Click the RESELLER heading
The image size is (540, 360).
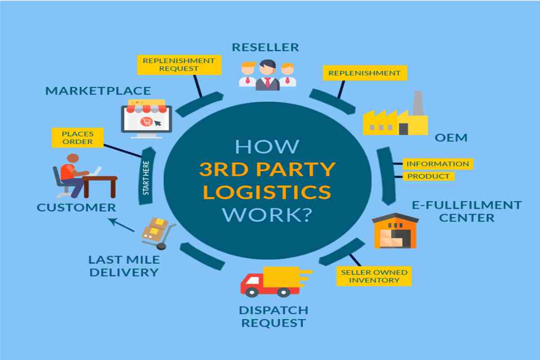pyautogui.click(x=265, y=47)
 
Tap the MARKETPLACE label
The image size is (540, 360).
pyautogui.click(x=98, y=91)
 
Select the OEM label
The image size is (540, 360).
pyautogui.click(x=451, y=138)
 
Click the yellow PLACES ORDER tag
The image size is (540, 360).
pyautogui.click(x=77, y=138)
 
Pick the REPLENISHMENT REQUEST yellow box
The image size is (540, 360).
pyautogui.click(x=179, y=65)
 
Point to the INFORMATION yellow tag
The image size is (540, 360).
pyautogui.click(x=437, y=164)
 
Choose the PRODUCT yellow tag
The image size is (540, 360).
pyautogui.click(x=428, y=176)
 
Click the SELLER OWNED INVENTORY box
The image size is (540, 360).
pyautogui.click(x=374, y=276)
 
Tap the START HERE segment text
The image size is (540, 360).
pyautogui.click(x=146, y=178)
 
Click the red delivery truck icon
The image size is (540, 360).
pyautogui.click(x=276, y=282)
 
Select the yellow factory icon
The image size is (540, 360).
pyautogui.click(x=396, y=113)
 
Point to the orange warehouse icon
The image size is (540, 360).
pyautogui.click(x=396, y=230)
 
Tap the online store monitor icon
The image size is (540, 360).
pyautogui.click(x=147, y=119)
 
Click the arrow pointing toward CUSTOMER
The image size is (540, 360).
pyautogui.click(x=121, y=225)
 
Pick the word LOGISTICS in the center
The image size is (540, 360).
pyautogui.click(x=267, y=192)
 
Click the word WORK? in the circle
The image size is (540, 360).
pyautogui.click(x=267, y=215)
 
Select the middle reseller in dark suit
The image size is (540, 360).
pyautogui.click(x=267, y=75)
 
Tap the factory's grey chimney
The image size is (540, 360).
pyautogui.click(x=418, y=103)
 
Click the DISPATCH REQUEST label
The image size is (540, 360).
pyautogui.click(x=274, y=317)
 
